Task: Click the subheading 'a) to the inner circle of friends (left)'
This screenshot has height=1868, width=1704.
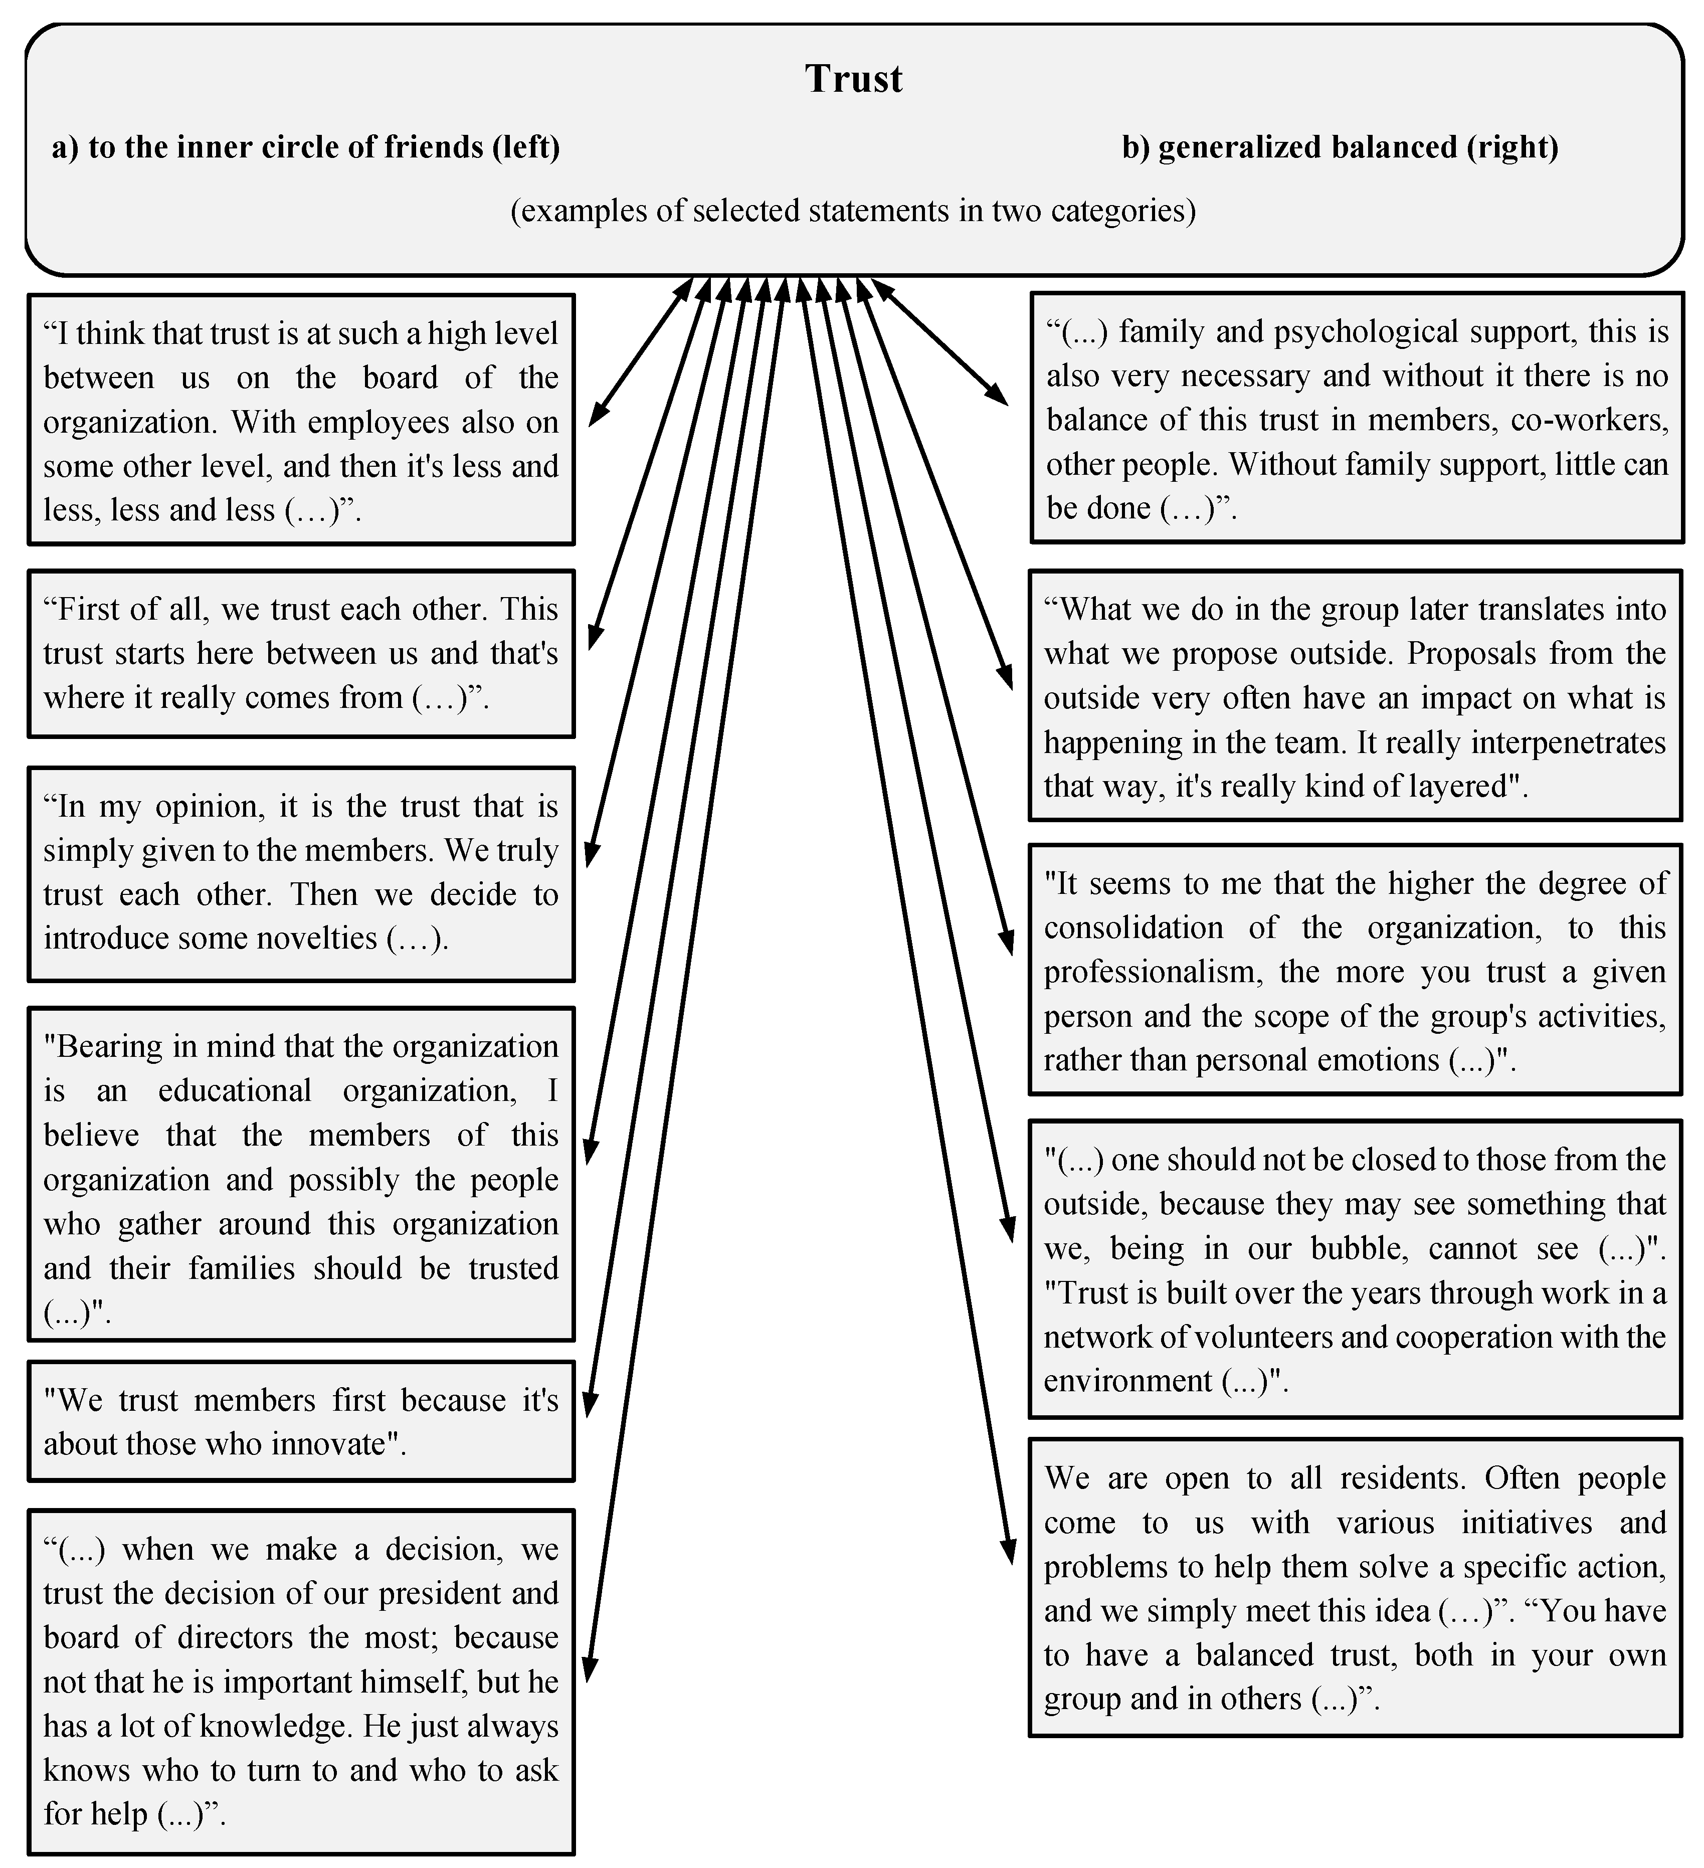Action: click(306, 147)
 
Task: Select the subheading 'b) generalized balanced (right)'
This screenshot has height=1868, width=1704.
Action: click(1340, 147)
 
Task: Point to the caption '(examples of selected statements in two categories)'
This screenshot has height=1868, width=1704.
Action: click(852, 211)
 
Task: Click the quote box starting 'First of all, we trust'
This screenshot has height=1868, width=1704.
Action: click(301, 653)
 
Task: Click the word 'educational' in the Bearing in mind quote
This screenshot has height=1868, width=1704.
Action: click(235, 1090)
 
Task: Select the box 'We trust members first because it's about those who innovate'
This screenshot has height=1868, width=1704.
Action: click(301, 1421)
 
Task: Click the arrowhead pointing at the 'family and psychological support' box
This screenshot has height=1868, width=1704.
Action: click(999, 397)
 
